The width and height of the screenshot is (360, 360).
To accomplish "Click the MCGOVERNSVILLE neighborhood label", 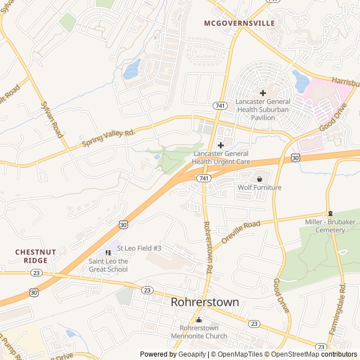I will tap(240, 23).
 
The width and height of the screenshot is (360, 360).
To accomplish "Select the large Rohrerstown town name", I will tap(205, 303).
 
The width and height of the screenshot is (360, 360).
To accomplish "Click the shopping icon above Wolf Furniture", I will tap(259, 178).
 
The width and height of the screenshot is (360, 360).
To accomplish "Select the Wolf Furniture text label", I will tap(259, 187).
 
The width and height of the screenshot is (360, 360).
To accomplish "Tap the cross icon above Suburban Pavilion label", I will tap(263, 92).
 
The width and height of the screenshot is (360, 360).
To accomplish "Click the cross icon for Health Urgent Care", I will tap(221, 145).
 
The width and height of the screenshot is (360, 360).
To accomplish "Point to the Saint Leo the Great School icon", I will tap(108, 253).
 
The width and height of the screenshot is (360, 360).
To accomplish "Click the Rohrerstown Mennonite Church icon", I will tap(198, 319).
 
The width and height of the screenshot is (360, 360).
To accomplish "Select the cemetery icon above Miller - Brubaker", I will tap(330, 213).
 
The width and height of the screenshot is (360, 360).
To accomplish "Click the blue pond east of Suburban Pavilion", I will tap(300, 82).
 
